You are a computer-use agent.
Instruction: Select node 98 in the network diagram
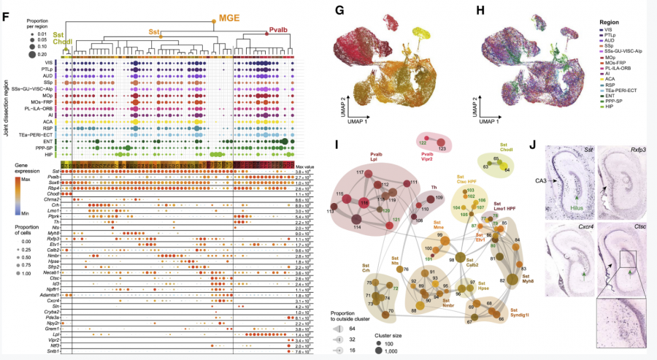pos(452,259)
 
